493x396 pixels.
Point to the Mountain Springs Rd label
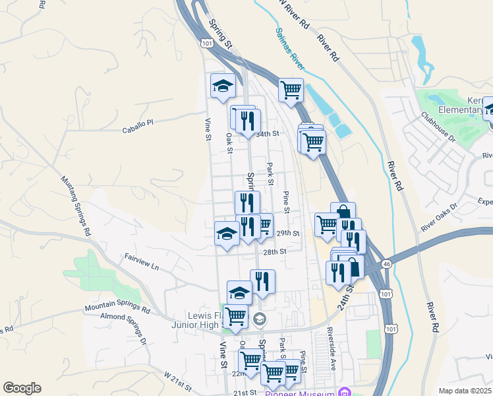click(x=117, y=308)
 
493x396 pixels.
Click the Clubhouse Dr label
click(x=438, y=127)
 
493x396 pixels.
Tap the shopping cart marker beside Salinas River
click(x=291, y=89)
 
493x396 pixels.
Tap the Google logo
click(x=22, y=388)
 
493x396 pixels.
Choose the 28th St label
click(x=274, y=251)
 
